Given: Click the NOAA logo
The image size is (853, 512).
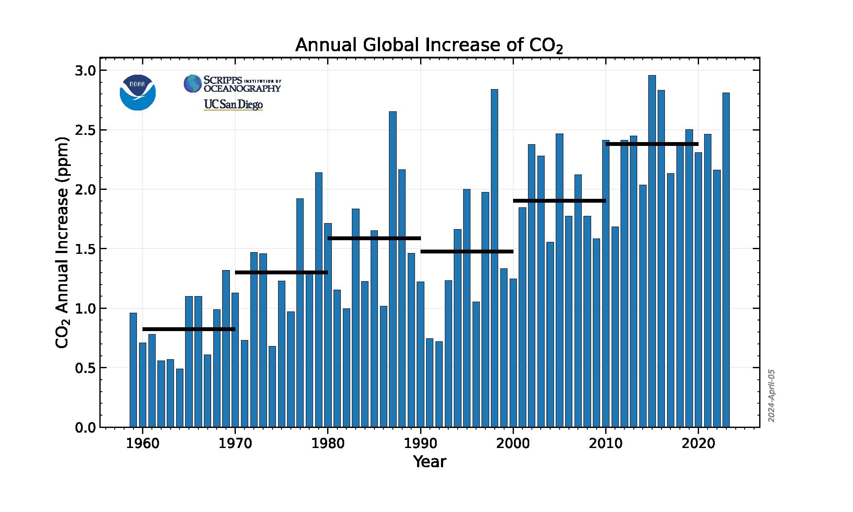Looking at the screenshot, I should (138, 93).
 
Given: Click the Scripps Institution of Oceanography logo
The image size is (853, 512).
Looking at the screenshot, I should (232, 84).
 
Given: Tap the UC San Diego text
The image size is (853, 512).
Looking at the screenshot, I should (233, 105).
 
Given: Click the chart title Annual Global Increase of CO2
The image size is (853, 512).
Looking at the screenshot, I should (429, 46).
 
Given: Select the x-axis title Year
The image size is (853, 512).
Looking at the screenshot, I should (429, 462).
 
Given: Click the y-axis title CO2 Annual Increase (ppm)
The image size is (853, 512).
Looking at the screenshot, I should (62, 242).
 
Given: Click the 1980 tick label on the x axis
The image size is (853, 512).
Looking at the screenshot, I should (328, 443).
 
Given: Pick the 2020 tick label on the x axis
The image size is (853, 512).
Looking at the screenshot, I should (698, 443).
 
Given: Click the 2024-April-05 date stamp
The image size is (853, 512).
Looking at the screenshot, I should (771, 396).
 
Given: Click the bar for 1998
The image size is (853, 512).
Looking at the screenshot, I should (494, 258).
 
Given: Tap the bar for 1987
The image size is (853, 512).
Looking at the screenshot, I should (392, 269).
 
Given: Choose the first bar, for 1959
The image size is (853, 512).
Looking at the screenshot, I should (133, 370).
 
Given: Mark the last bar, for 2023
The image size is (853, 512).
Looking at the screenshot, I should (726, 260).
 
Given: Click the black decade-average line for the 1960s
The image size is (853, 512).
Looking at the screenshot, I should (189, 329).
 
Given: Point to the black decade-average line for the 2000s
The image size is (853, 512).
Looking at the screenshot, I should (559, 201).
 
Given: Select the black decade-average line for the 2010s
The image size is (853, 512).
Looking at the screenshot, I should (652, 144).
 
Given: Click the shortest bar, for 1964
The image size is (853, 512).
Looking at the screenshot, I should (180, 398).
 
